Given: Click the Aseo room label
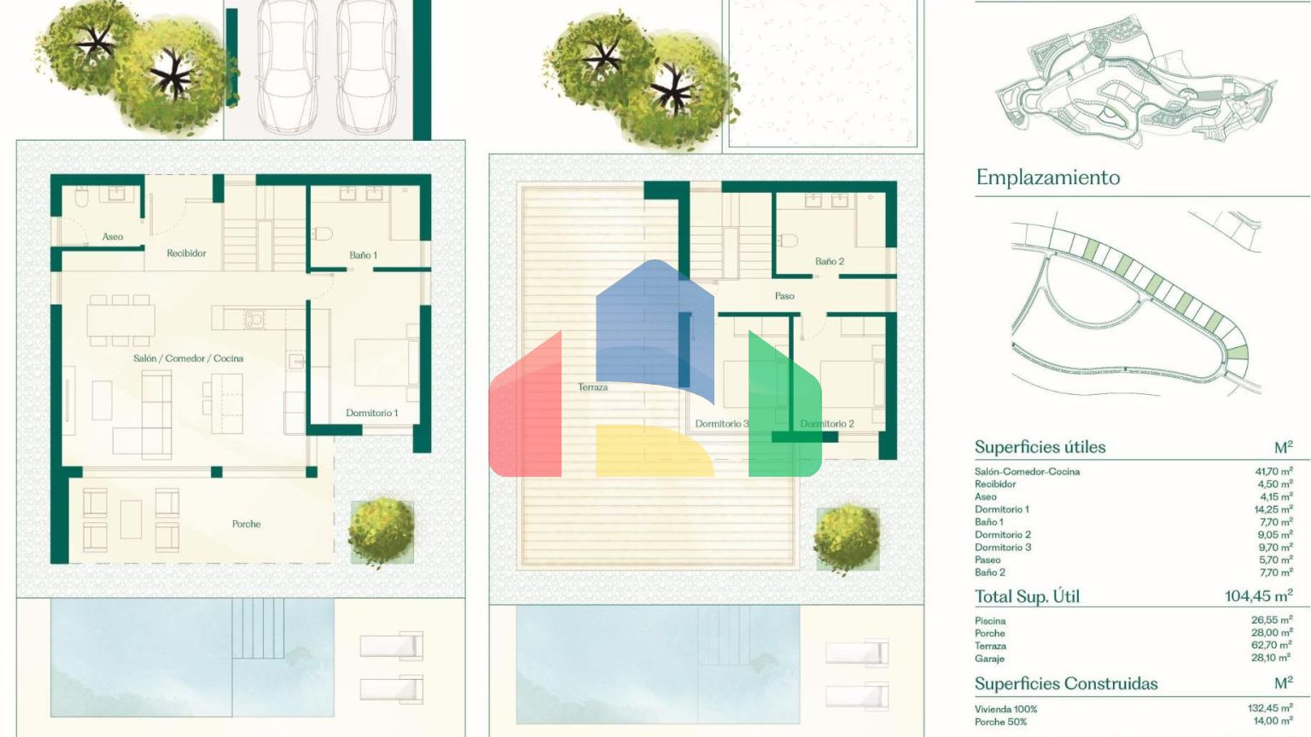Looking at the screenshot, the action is [113, 237].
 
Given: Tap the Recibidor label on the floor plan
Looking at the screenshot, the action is [186, 253].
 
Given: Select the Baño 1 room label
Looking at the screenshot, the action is [364, 255].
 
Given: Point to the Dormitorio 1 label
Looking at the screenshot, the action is [371, 413].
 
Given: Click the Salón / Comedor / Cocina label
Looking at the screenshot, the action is [188, 358].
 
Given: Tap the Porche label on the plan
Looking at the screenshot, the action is [247, 524].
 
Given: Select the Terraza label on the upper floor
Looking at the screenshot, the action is [592, 387].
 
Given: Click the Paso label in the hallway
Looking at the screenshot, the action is [784, 296].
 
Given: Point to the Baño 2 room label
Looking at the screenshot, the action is [830, 262].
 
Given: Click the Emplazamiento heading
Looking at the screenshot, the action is [1048, 177].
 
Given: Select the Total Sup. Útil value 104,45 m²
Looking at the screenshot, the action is [1259, 596].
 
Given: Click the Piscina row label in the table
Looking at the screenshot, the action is [990, 621].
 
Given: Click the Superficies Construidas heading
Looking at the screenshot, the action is [1066, 684].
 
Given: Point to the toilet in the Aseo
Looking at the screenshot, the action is [81, 198].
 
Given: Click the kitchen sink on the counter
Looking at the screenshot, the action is [254, 319].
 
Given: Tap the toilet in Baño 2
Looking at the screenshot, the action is [787, 241].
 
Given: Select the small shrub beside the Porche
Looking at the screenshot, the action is [382, 531].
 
